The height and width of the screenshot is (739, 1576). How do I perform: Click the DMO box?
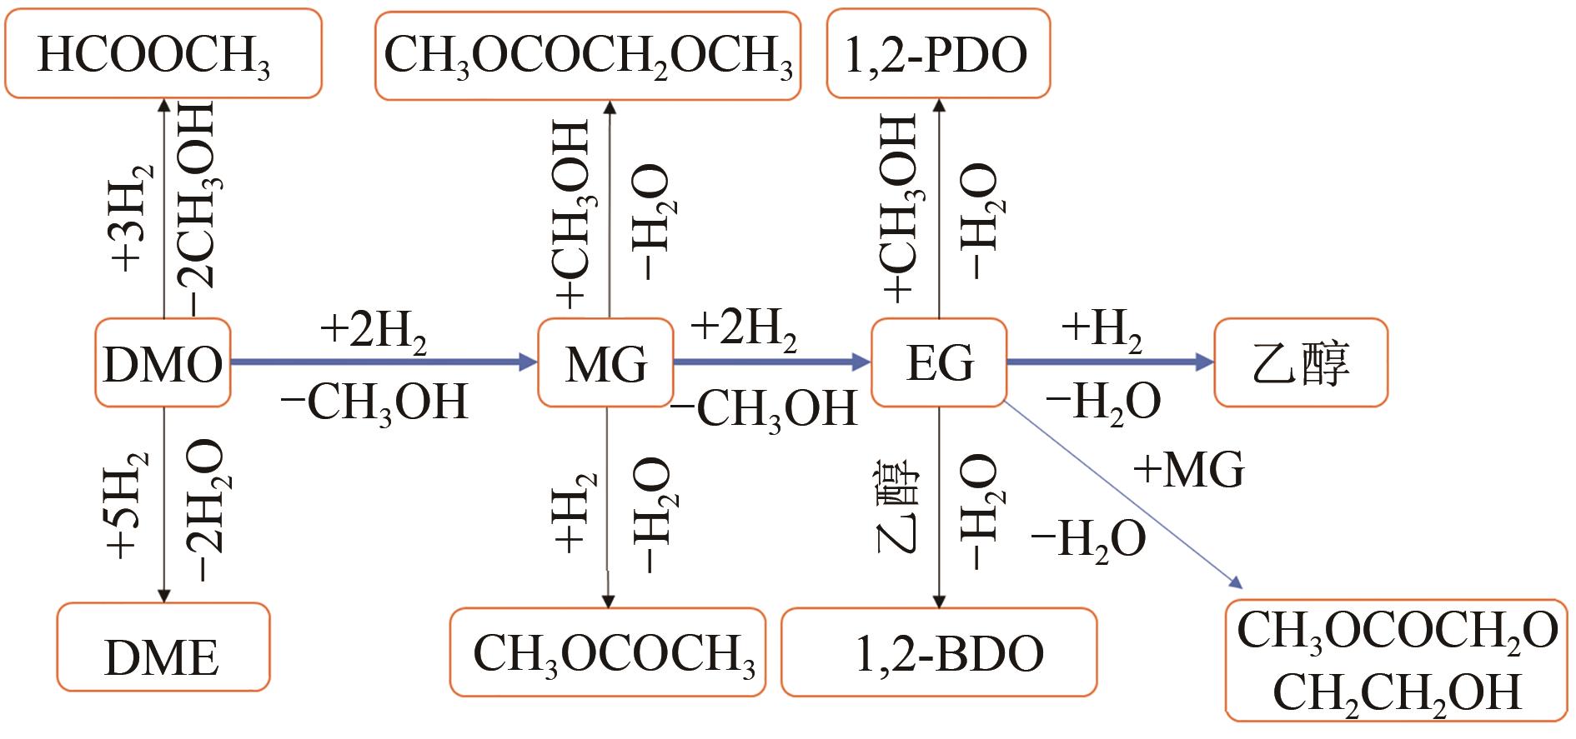click(x=163, y=363)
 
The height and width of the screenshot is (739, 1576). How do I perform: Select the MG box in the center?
click(x=605, y=363)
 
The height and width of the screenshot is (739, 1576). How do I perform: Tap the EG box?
click(x=939, y=363)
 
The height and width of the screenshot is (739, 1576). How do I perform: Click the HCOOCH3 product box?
click(x=163, y=55)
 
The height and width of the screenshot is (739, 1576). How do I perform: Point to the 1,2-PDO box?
click(x=938, y=55)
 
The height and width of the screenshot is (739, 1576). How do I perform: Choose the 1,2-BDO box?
click(x=939, y=653)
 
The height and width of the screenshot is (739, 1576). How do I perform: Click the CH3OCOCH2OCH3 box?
click(x=588, y=57)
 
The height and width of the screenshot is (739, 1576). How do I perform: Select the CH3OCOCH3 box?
click(x=608, y=653)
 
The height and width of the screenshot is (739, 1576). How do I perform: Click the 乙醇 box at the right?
click(x=1301, y=363)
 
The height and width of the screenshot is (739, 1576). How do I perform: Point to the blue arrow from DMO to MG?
click(x=384, y=362)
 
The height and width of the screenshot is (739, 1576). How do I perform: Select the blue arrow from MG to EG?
click(x=772, y=362)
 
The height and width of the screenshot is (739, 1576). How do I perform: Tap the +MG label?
click(x=1189, y=470)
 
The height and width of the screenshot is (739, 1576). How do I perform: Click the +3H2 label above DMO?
click(x=132, y=217)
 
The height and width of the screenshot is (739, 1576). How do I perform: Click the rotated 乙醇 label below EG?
click(x=899, y=507)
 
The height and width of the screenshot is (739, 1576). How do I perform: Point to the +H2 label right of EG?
click(x=1101, y=331)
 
